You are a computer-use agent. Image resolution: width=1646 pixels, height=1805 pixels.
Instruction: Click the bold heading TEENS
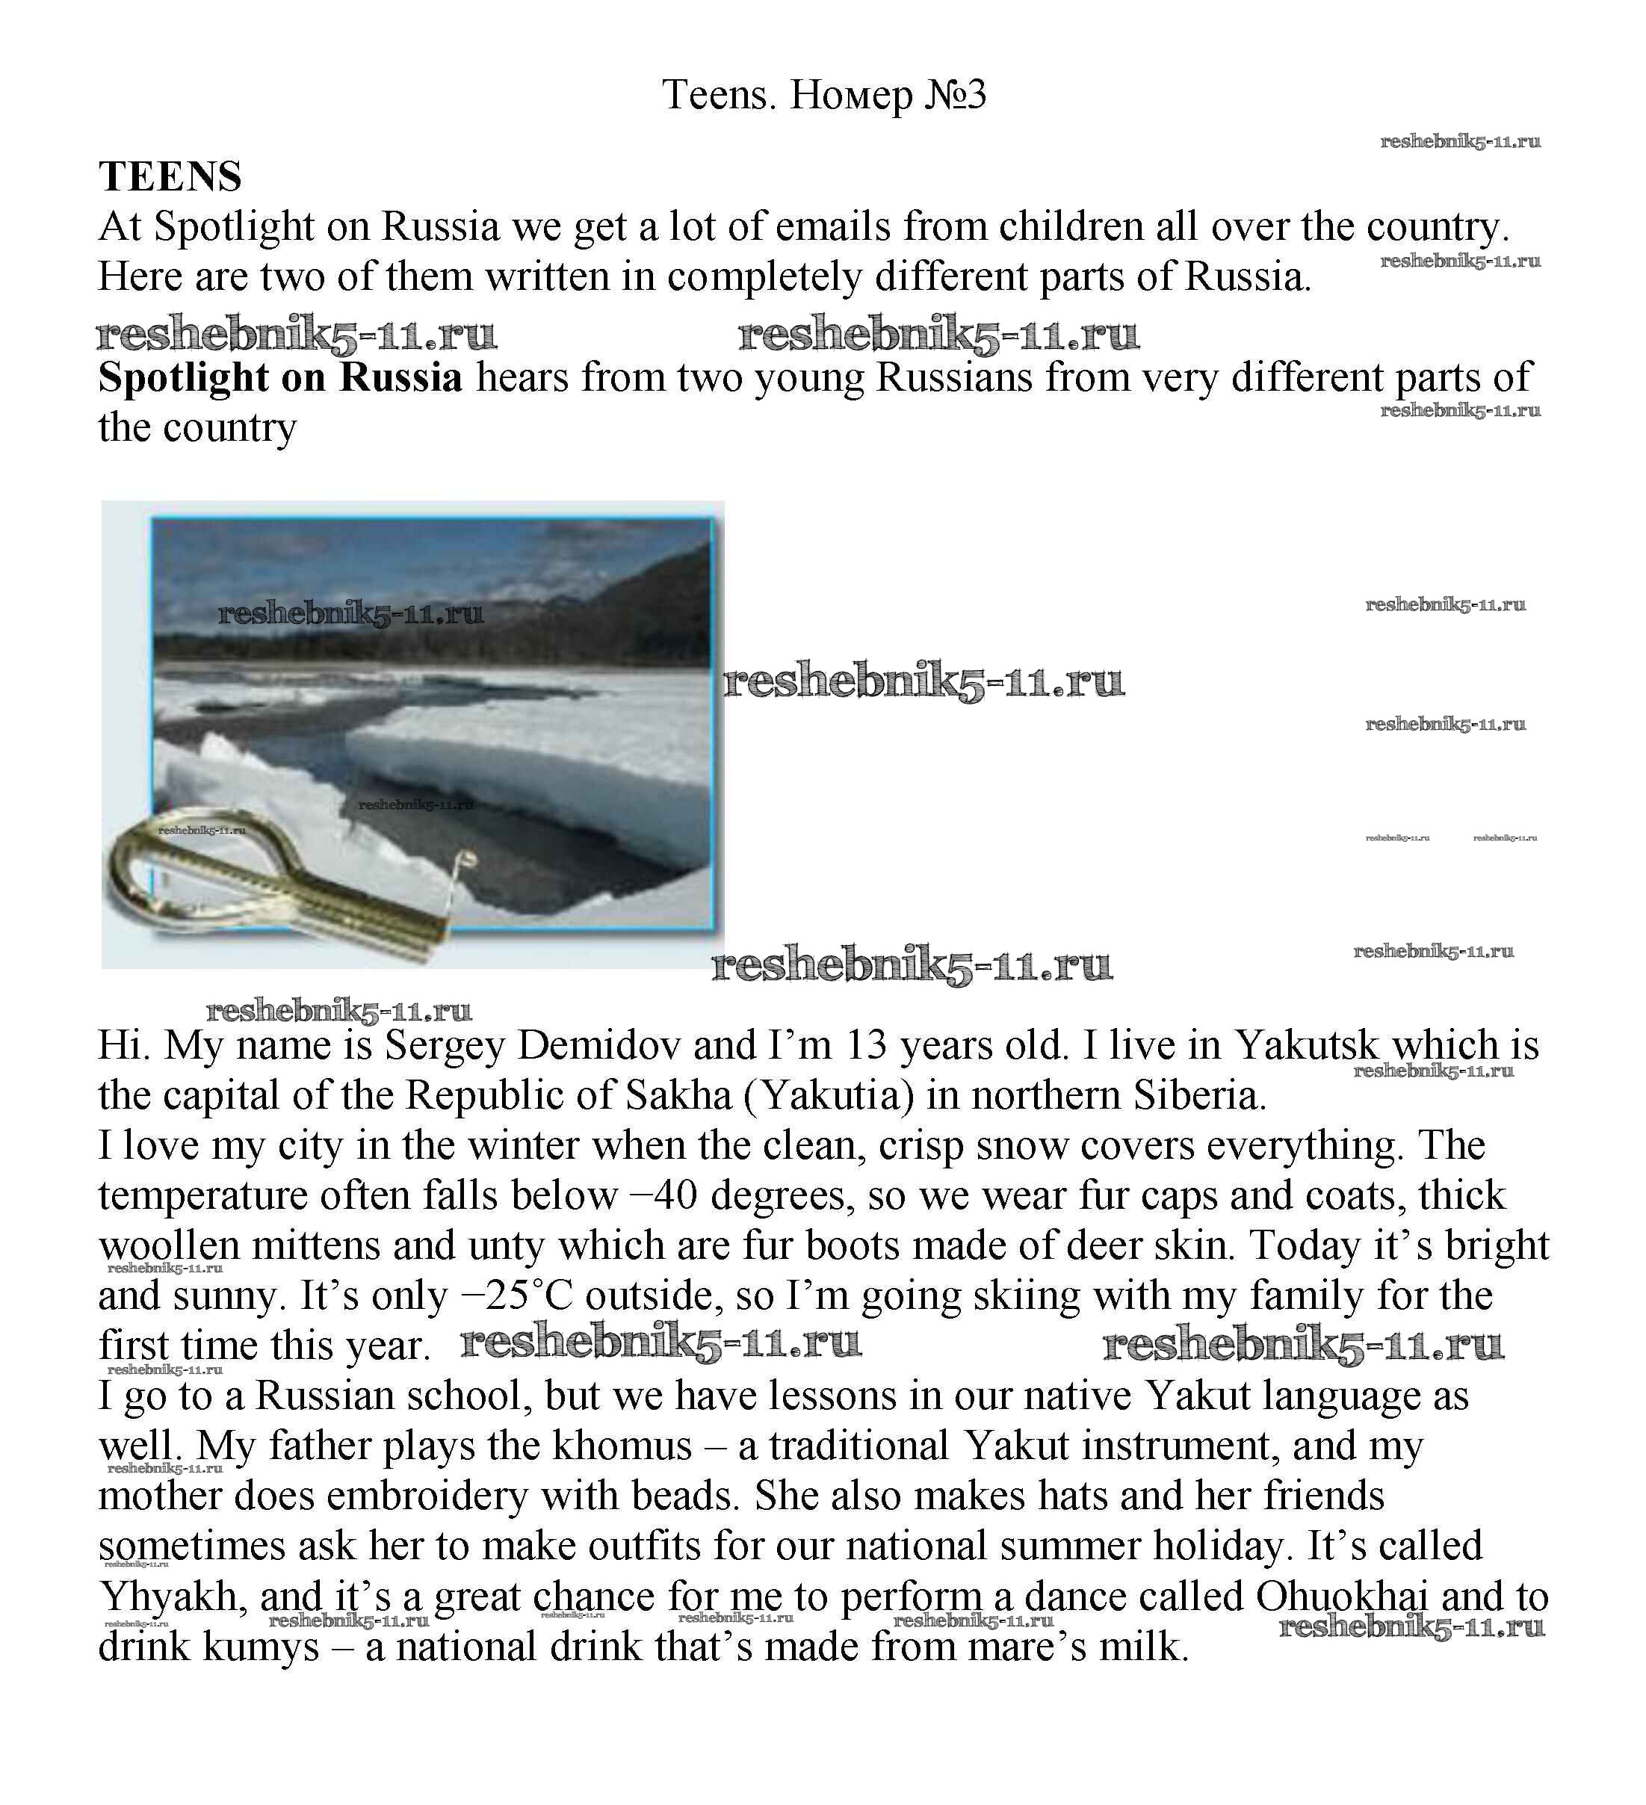coord(170,176)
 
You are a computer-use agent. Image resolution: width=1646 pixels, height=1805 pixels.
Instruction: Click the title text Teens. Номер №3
coord(823,94)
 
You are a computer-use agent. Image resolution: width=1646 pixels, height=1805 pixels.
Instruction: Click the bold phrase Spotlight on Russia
coord(280,377)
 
